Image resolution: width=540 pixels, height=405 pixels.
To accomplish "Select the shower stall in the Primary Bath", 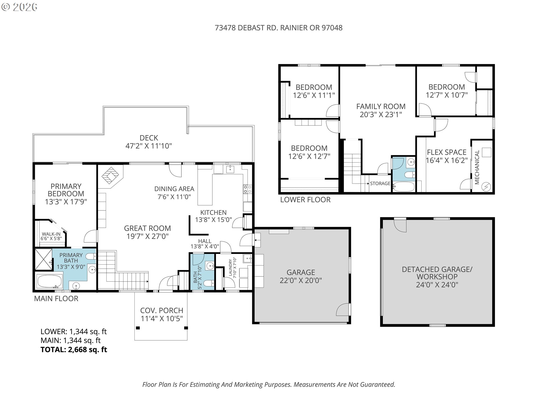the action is (x=44, y=259).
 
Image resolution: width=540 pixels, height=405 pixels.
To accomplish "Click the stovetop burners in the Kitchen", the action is (x=247, y=189).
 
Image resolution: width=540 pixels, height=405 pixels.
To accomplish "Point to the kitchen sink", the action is (x=230, y=169).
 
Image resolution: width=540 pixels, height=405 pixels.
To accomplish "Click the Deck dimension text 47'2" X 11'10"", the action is (x=148, y=146).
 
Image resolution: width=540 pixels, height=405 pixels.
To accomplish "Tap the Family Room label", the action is (x=381, y=107).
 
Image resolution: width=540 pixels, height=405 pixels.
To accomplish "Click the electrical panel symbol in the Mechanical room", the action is (x=487, y=186).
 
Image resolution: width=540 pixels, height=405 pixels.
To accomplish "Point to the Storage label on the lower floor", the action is (x=380, y=184).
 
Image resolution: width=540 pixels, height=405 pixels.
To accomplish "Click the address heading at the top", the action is (x=278, y=28).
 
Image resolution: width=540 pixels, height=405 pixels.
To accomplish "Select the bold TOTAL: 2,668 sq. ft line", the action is (x=74, y=350).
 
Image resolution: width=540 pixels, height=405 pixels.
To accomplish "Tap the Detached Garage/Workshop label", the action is (x=437, y=273).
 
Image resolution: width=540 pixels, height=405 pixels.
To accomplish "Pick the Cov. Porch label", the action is (x=162, y=310).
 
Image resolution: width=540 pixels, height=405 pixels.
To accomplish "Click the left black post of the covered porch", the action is (x=138, y=328).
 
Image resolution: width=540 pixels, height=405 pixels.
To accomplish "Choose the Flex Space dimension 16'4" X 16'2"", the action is (x=447, y=160).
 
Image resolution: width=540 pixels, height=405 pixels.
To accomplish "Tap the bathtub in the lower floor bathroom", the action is (x=404, y=186).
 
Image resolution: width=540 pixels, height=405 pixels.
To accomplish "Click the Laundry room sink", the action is (x=247, y=258).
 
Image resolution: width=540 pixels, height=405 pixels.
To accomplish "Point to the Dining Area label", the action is (x=174, y=189).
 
